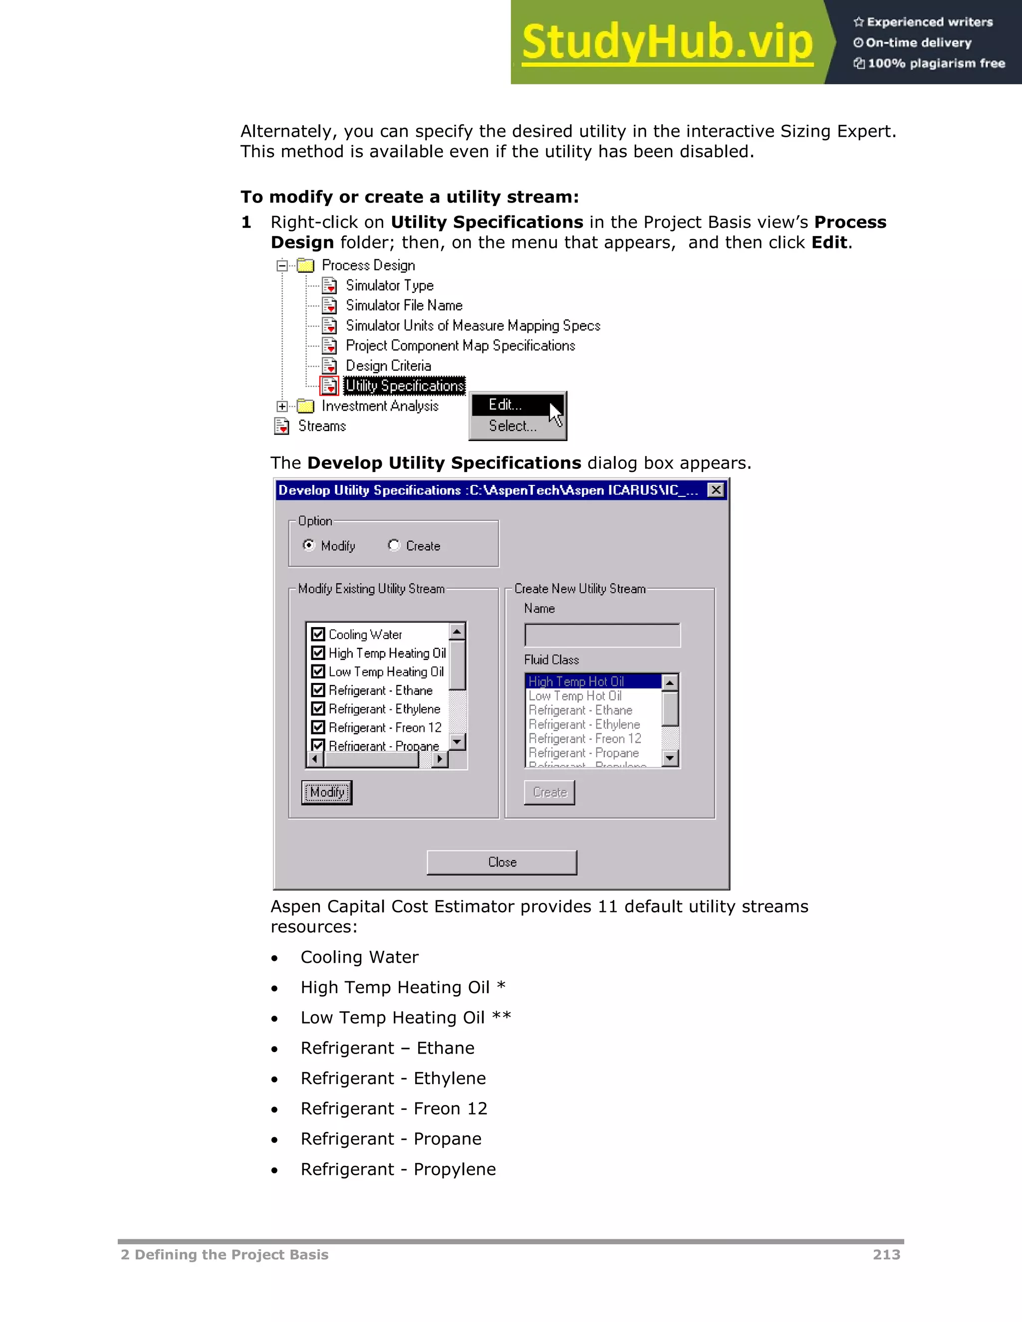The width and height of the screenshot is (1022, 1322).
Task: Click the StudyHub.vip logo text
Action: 667,42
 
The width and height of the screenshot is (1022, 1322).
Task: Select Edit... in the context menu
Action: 506,405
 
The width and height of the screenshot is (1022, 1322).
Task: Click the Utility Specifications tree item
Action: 404,386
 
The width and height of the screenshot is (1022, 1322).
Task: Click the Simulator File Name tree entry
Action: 404,306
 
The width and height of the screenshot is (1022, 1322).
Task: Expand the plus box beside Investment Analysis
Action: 282,406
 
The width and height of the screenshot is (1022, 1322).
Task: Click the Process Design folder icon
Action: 306,265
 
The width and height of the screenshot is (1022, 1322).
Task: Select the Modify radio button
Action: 309,545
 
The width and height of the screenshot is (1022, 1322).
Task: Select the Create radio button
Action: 394,545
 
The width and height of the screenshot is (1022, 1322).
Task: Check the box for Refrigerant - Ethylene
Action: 318,709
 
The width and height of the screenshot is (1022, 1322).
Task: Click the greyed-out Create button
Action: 549,792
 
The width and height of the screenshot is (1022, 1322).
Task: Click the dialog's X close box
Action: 716,490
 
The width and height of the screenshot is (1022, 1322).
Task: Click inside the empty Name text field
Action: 602,636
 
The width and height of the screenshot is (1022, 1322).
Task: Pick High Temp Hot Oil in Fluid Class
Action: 576,681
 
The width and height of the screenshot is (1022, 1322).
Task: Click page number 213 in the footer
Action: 886,1255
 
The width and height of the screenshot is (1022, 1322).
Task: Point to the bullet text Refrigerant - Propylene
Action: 398,1169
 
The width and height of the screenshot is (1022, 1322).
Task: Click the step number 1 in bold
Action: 246,222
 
